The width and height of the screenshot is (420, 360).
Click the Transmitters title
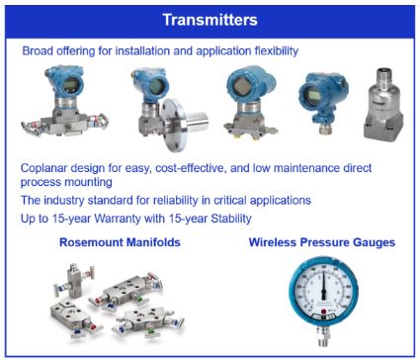pos(210,20)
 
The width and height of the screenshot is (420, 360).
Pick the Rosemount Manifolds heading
pos(120,242)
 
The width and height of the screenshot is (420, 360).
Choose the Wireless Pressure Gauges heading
pos(322,242)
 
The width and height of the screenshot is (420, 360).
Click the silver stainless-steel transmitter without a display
pos(383,105)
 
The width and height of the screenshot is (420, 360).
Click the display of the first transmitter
pos(70,86)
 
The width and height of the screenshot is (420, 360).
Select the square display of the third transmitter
pos(242,85)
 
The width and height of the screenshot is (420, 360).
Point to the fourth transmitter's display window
pos(313,95)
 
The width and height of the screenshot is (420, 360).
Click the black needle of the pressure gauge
pos(323,284)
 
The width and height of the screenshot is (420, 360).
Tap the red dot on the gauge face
pos(323,312)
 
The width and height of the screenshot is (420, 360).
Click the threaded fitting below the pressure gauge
pos(323,336)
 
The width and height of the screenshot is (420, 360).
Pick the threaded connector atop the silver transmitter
pos(383,74)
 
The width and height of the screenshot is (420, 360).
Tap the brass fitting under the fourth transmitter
pos(324,128)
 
